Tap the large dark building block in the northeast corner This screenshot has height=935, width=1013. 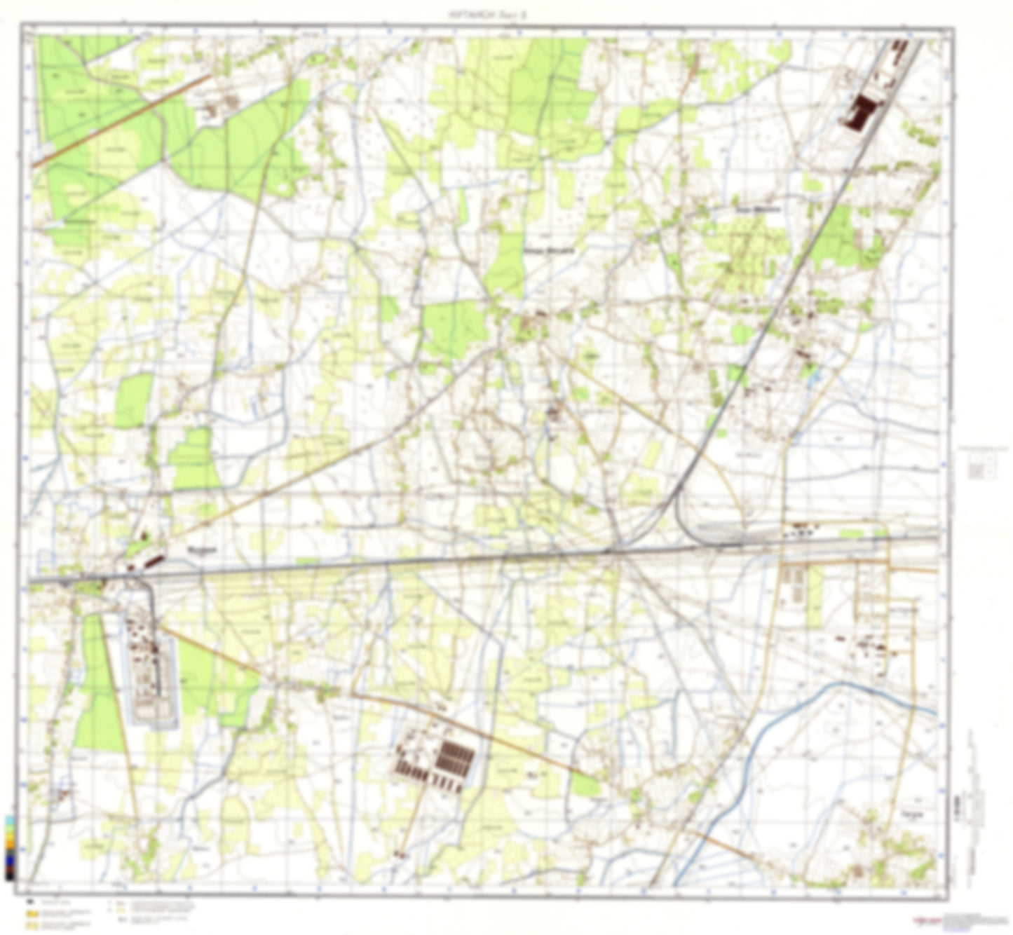862,113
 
